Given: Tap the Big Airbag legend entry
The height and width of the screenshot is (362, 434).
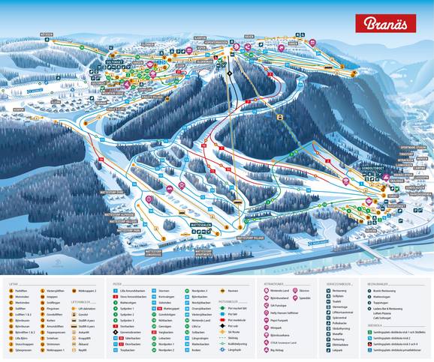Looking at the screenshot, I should click(x=278, y=350).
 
